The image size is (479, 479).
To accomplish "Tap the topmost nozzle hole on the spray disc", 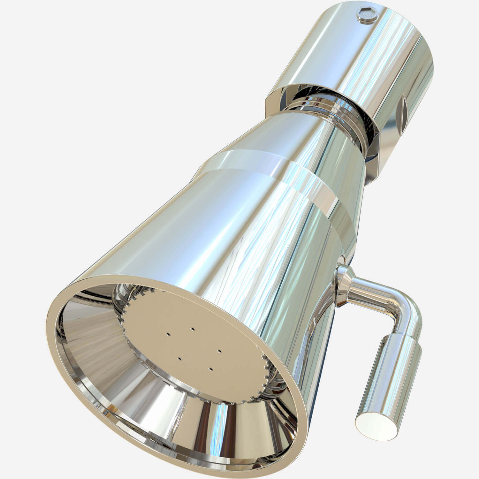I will [x=193, y=329].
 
